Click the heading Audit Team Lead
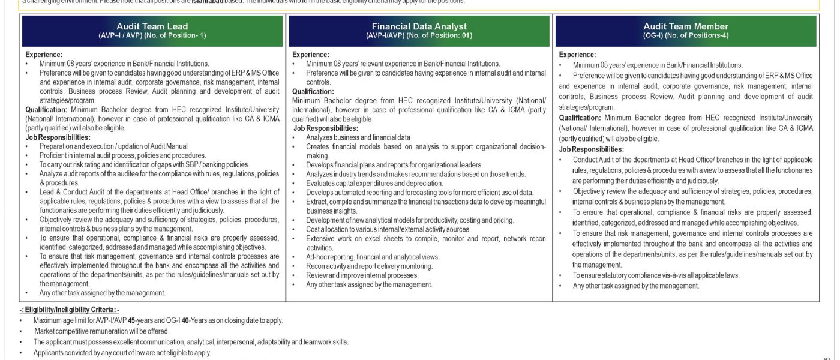[x=152, y=26]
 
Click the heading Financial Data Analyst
[x=419, y=26]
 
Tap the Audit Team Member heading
[x=685, y=26]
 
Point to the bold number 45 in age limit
[x=132, y=320]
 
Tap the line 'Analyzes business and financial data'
[x=358, y=137]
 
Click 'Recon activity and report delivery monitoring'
[x=369, y=266]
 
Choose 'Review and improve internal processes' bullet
[x=362, y=275]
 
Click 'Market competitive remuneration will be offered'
[x=101, y=331]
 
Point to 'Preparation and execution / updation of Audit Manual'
[x=113, y=146]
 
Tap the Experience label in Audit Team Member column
[x=577, y=55]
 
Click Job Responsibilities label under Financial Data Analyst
[x=324, y=128]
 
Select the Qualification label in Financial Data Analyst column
[x=313, y=91]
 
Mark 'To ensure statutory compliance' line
[x=656, y=275]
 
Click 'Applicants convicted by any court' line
[x=122, y=353]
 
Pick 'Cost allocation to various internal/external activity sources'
[x=388, y=229]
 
